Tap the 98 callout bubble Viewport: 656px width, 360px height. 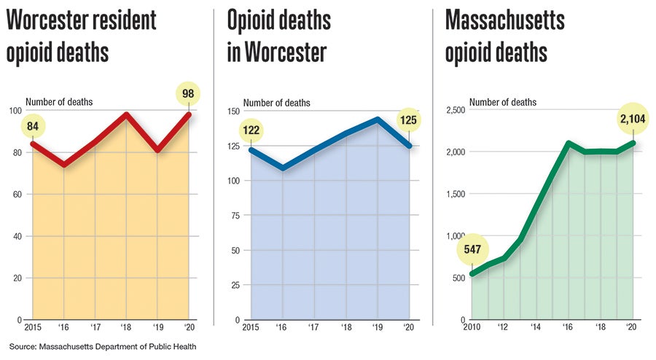[x=188, y=93]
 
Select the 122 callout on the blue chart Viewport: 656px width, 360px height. [x=251, y=130]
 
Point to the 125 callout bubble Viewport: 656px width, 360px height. [x=409, y=120]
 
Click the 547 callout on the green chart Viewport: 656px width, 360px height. [x=471, y=250]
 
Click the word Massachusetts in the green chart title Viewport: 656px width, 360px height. [x=504, y=20]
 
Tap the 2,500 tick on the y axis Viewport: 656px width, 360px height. [x=455, y=110]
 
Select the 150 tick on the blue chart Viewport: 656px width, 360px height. [x=233, y=110]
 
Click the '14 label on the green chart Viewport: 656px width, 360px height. [x=536, y=329]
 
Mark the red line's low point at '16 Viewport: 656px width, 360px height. [x=63, y=165]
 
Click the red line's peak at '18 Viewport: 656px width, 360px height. [x=127, y=114]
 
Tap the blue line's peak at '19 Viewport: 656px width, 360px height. [x=378, y=119]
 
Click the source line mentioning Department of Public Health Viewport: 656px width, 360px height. [x=104, y=345]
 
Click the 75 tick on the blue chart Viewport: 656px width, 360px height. [x=235, y=215]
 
